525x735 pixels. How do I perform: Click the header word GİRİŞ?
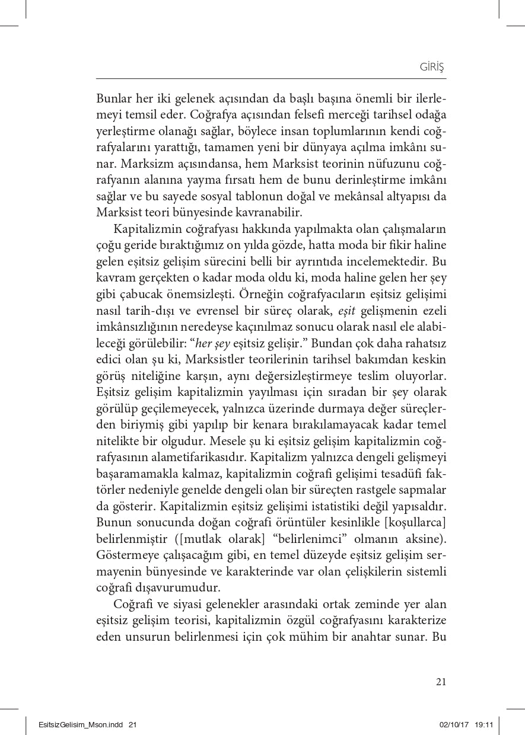pos(432,68)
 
